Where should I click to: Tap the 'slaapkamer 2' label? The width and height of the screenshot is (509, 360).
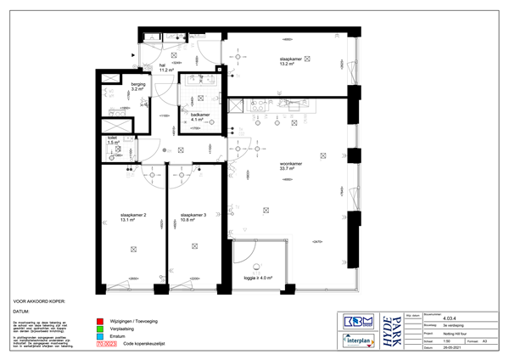coord(134,218)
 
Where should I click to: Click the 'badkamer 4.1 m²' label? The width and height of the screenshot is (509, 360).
coord(200,116)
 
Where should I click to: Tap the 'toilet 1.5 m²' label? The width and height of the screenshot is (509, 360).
coord(113,139)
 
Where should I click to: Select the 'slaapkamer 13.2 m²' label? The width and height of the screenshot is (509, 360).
coord(292,61)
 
